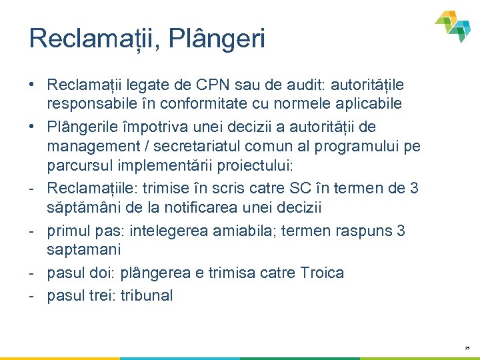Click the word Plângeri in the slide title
(217, 39)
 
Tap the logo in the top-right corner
(453, 26)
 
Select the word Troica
(321, 273)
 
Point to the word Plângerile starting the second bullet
(84, 127)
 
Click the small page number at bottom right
(467, 347)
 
